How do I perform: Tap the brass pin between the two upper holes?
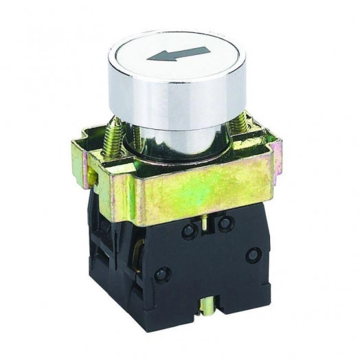206,221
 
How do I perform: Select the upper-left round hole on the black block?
189,232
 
